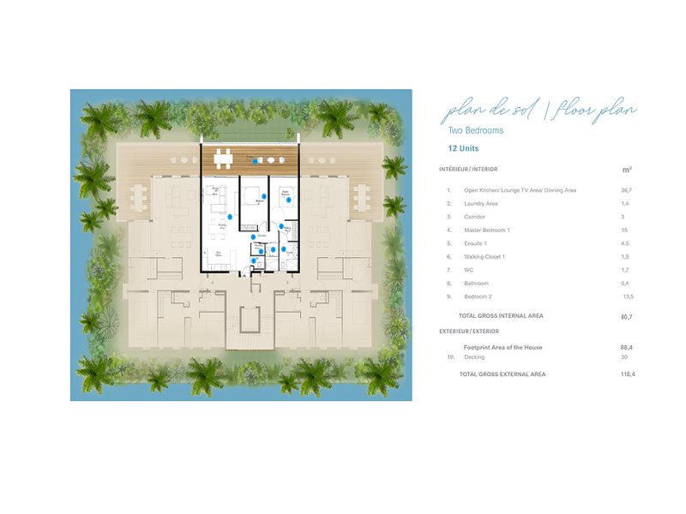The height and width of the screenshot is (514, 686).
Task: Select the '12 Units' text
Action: coord(463,149)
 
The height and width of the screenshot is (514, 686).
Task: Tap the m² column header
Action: coord(626,170)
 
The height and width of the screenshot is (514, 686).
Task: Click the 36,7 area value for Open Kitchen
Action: coord(626,189)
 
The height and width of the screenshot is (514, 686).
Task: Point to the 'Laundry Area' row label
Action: coord(481,204)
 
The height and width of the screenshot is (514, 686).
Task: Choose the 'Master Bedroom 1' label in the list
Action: coord(487,230)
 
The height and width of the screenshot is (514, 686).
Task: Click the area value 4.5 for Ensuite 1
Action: coord(625,243)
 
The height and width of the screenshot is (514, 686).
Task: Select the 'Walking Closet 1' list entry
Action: coord(484,257)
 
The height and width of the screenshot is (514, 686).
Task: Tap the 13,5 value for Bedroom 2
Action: coord(627,296)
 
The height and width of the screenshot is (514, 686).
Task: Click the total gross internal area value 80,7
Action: coord(626,316)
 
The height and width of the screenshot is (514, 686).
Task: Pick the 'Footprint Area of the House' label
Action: coord(502,347)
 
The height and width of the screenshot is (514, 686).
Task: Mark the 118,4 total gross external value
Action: coord(627,374)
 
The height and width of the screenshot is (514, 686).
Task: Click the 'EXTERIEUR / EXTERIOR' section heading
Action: coord(469,331)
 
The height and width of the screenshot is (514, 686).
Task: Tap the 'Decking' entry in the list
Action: coord(474,357)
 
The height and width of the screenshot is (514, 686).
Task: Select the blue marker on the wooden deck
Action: coord(256,161)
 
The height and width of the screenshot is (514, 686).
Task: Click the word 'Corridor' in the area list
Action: coord(474,217)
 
